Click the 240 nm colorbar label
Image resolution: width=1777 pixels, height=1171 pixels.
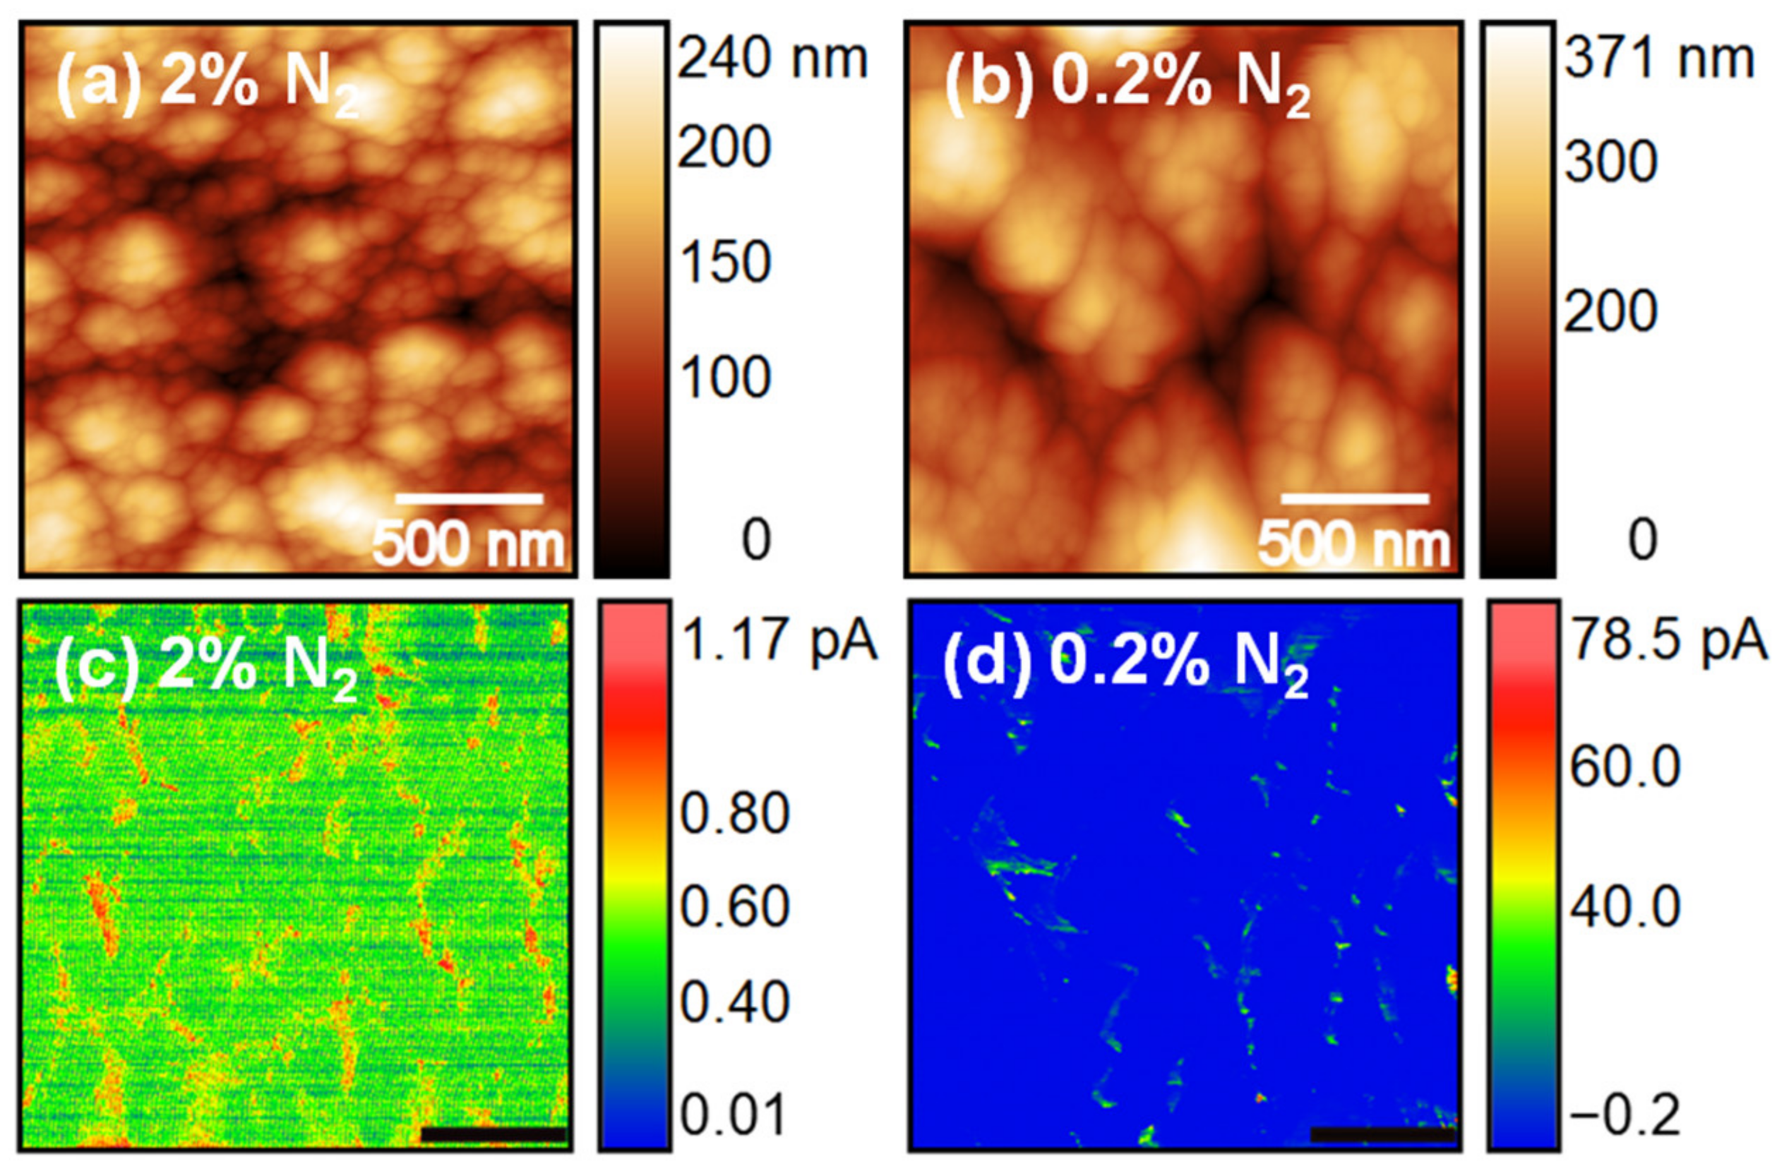772,59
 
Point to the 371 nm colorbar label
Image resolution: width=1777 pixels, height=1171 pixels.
1659,59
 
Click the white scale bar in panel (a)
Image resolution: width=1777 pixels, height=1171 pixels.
468,498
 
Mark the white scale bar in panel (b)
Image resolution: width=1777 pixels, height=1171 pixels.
1355,498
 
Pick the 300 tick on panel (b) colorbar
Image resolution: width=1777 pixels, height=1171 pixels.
1610,162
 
